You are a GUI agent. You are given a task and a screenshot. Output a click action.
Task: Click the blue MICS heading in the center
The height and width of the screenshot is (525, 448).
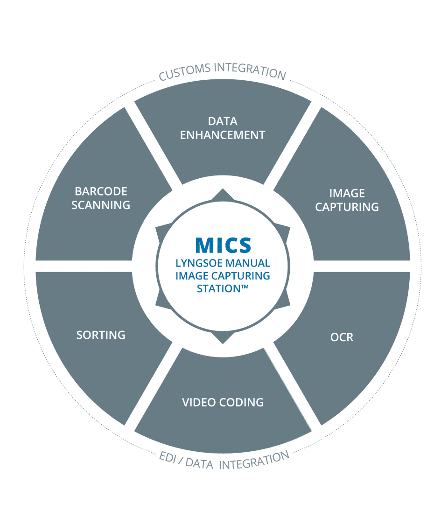(223, 245)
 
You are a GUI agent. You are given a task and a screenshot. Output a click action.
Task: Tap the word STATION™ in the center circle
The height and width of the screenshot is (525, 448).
(223, 288)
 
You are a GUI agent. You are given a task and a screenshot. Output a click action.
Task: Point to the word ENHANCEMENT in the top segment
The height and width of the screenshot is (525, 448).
(223, 135)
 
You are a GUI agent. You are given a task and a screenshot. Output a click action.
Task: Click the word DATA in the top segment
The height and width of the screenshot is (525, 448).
(223, 121)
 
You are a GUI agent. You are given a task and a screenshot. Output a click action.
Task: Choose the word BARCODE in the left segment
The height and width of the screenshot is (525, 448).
(101, 191)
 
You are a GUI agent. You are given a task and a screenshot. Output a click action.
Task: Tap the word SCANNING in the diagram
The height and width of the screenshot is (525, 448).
(101, 205)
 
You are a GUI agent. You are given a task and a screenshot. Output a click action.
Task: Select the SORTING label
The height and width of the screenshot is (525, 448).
(101, 335)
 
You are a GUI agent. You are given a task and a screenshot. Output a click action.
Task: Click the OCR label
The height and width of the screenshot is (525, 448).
(342, 337)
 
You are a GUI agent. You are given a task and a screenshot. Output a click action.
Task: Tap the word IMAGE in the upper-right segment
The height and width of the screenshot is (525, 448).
(347, 193)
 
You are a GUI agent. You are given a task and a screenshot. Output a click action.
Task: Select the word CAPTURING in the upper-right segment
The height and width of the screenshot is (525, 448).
(347, 207)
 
